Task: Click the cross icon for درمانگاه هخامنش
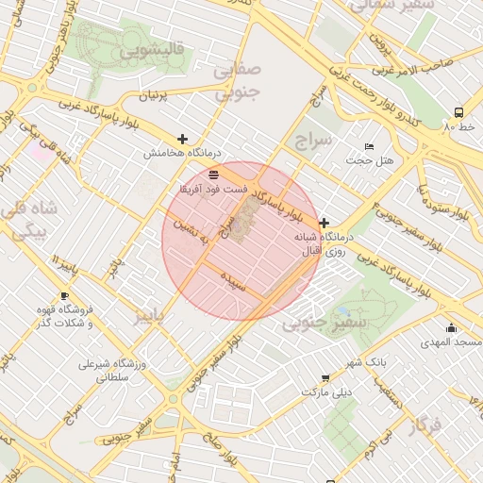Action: coord(182,139)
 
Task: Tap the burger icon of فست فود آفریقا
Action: coord(213,175)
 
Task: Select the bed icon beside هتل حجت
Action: coord(369,147)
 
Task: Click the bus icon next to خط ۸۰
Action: coord(458,110)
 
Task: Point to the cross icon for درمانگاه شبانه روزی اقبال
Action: coord(325,223)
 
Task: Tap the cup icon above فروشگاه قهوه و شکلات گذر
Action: coord(64,296)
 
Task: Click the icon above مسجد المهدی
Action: coord(452,328)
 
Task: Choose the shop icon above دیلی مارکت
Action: coord(325,377)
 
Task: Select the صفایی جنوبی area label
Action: coord(235,81)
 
